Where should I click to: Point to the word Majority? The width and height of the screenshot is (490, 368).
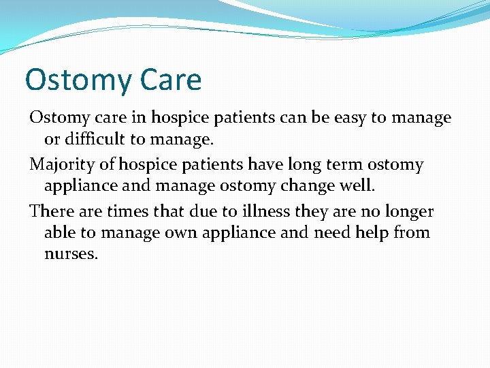coord(63,165)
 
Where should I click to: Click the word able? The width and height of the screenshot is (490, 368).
coord(60,232)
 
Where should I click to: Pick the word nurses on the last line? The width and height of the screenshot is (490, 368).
coord(71,254)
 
